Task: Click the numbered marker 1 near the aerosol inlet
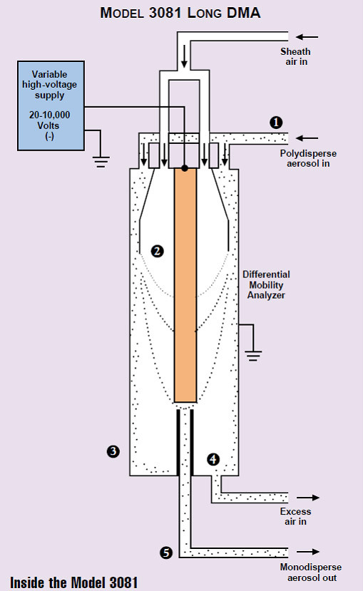[276, 123]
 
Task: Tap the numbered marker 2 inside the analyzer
[157, 251]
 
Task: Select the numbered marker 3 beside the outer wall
[113, 451]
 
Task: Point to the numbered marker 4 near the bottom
[213, 459]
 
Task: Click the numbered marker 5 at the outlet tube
[166, 553]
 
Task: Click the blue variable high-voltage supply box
[51, 106]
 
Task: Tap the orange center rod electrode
[185, 285]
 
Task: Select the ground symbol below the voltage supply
[101, 162]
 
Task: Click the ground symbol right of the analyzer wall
[253, 356]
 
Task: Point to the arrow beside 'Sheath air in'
[307, 37]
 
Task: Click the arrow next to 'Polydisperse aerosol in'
[307, 138]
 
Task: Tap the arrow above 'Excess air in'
[307, 498]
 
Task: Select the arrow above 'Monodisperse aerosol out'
[307, 552]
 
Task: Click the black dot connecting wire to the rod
[184, 168]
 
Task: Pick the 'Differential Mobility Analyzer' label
[266, 285]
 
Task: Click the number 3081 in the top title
[165, 13]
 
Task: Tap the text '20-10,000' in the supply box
[49, 115]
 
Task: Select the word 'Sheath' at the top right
[295, 51]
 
